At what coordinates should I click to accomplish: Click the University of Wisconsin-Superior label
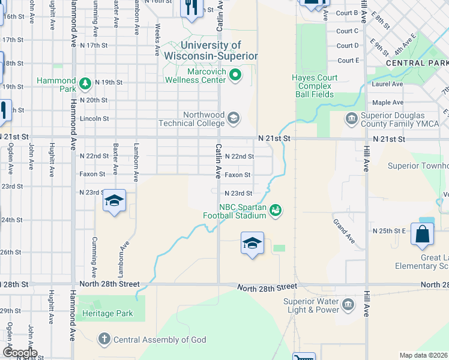pos(210,50)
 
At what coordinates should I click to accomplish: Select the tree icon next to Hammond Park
pos(86,82)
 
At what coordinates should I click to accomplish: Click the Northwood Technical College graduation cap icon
pos(233,118)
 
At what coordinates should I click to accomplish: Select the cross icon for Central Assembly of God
pos(105,340)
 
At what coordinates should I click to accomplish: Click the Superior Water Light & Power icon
pos(348,306)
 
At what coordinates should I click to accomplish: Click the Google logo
pos(20,353)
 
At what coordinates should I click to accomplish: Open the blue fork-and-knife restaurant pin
pos(191,7)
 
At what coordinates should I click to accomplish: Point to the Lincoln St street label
pos(94,119)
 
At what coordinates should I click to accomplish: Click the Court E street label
pos(348,61)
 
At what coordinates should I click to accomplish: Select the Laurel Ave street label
pos(387,85)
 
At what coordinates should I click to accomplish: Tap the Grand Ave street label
pos(344,234)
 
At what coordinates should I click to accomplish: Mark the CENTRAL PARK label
pos(417,63)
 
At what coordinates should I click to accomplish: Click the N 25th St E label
pos(390,230)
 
